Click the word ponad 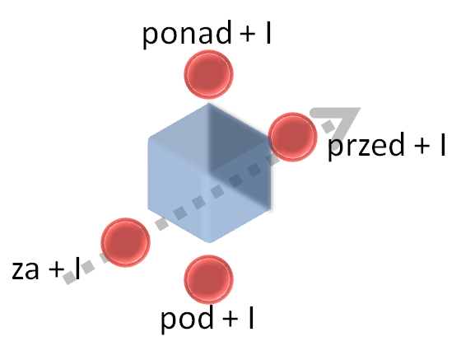(x=187, y=34)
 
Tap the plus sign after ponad (x=247, y=34)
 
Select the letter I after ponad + (x=268, y=32)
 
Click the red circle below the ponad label (x=209, y=74)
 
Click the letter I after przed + (x=443, y=144)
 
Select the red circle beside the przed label (x=292, y=137)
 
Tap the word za (x=26, y=270)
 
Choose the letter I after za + (x=77, y=269)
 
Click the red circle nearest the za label (x=125, y=242)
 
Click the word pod (x=187, y=318)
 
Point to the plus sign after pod (x=230, y=319)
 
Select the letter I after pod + (x=251, y=317)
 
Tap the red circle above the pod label (x=209, y=279)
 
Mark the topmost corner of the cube (x=209, y=104)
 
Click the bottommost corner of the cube (x=209, y=243)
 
